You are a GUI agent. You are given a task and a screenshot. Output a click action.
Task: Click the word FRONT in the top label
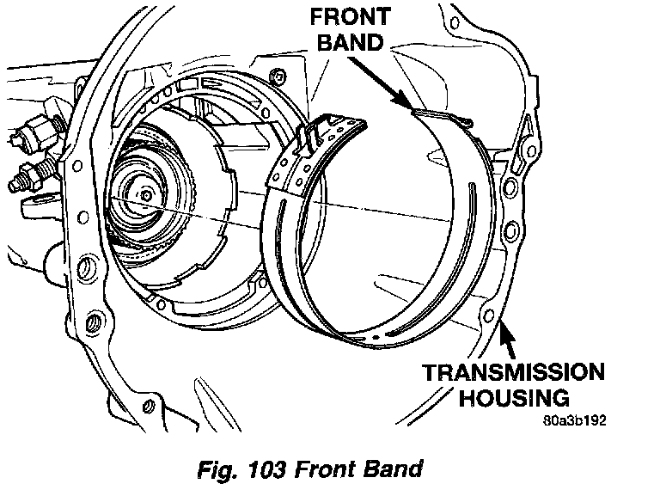coord(351,17)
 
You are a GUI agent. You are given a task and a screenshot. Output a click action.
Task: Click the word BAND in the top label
coord(351,42)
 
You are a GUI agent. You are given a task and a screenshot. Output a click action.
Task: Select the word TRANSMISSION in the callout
coord(513,372)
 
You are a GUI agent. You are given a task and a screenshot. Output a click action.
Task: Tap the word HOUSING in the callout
coord(514,397)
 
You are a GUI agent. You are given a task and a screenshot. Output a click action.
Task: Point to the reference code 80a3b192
coord(575,420)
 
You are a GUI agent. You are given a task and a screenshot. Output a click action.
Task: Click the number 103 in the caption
coord(266,469)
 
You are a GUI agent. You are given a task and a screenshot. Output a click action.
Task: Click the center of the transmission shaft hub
coord(146,195)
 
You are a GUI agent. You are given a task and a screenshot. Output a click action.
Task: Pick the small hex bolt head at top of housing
coord(278,77)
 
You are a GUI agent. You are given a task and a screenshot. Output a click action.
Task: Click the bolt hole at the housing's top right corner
coord(455,22)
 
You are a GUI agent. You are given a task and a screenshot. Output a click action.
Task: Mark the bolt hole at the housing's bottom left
coord(148,407)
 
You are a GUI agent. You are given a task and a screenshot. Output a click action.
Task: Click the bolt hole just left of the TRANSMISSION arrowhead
coord(490,315)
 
